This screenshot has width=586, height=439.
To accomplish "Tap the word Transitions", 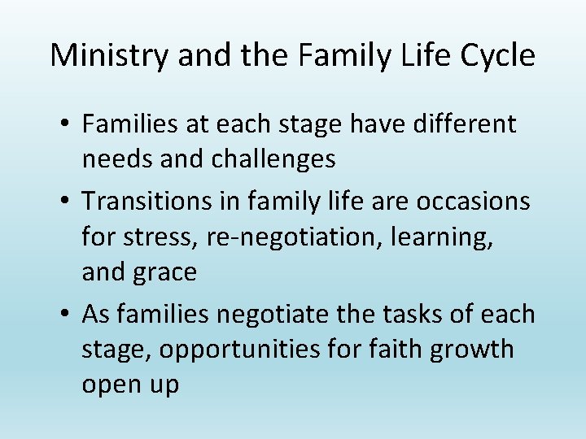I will (x=151, y=200).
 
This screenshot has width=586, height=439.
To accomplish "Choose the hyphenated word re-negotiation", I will (x=285, y=237).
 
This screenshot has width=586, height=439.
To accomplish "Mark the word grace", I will (x=167, y=272).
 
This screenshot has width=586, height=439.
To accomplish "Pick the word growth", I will (x=476, y=350).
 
